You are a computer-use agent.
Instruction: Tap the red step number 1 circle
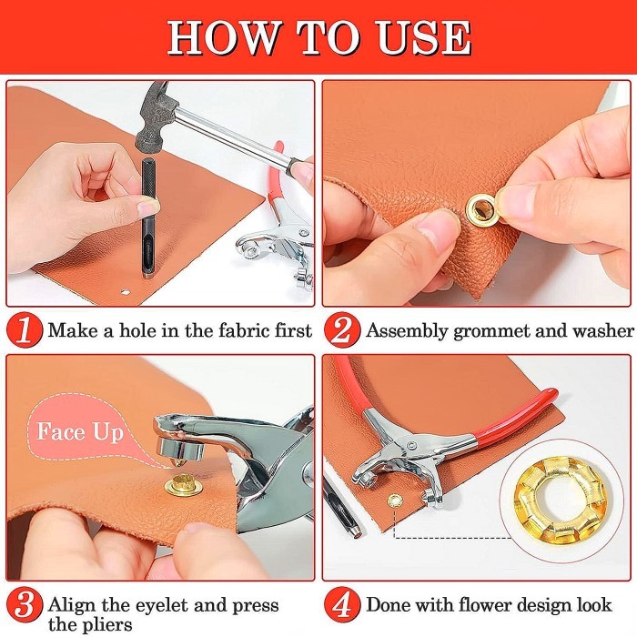tap(25, 329)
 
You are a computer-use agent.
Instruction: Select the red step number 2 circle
tap(342, 329)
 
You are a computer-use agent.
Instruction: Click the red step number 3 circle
tap(25, 605)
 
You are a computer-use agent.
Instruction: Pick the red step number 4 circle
tap(342, 605)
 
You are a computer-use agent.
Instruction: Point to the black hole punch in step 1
tap(147, 218)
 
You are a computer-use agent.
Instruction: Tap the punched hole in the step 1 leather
tap(126, 291)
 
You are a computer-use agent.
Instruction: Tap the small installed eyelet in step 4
tap(394, 500)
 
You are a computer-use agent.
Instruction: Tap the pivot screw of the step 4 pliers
tap(412, 445)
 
